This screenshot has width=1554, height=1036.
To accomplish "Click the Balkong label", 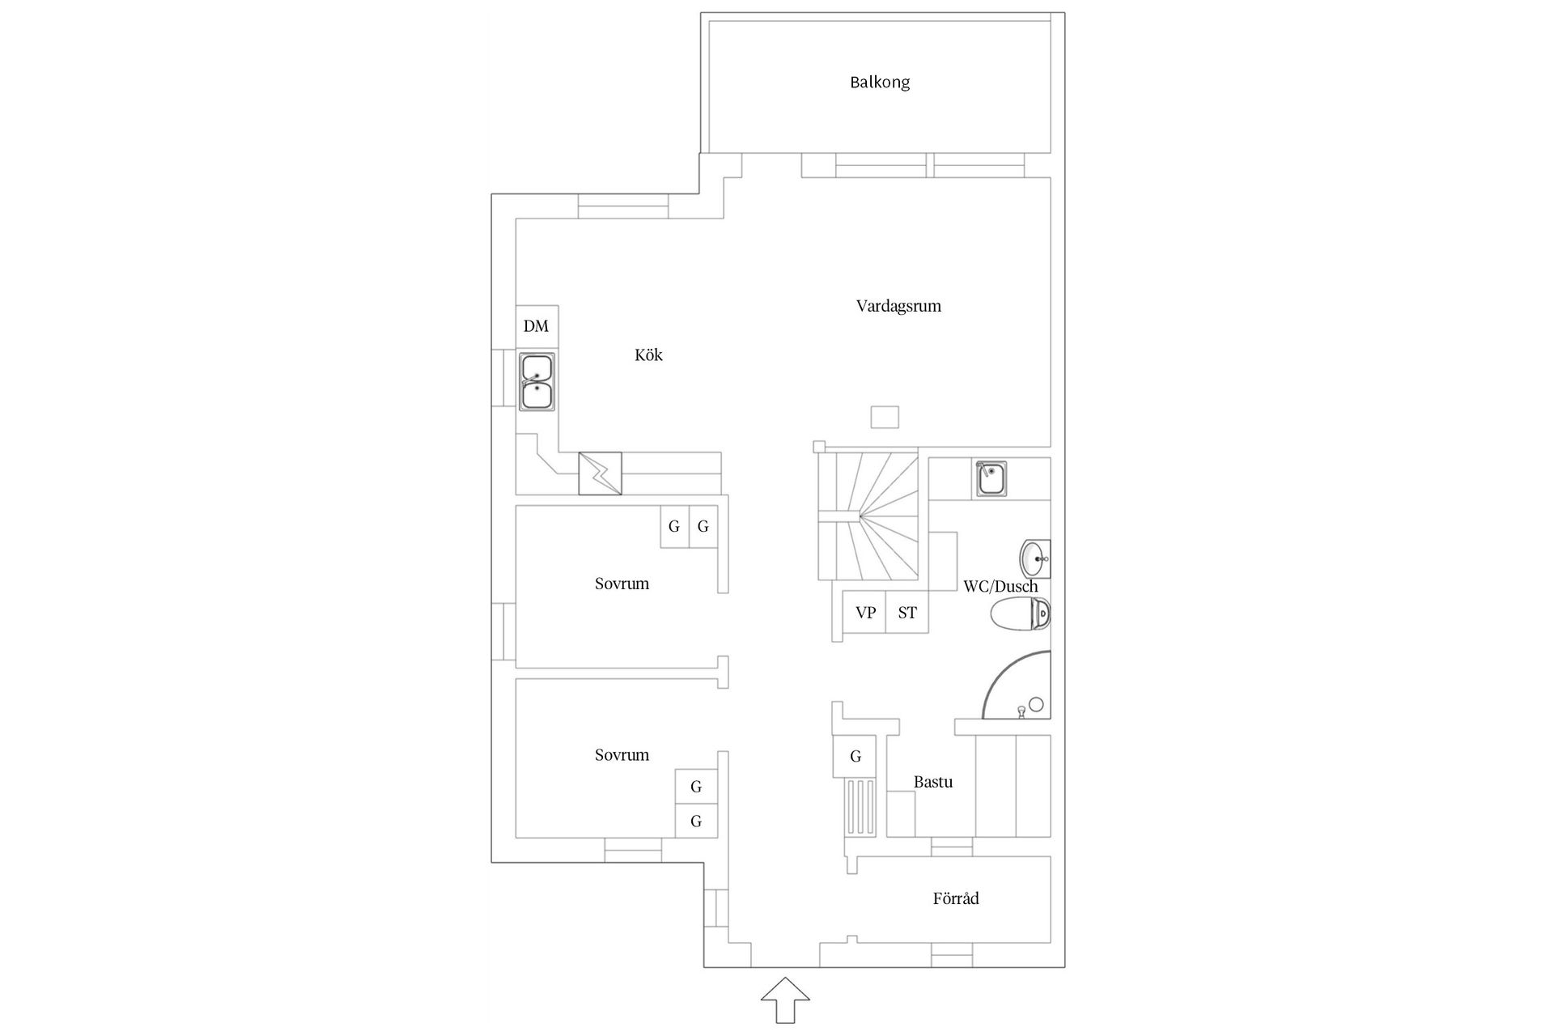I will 880,83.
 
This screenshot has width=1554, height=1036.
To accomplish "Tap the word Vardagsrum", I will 898,306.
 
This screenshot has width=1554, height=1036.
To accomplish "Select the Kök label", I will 648,355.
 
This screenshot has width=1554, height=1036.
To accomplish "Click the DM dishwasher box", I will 537,326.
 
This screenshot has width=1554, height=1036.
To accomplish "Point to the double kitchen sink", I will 537,381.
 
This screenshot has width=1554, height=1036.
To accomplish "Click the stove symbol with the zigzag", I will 600,473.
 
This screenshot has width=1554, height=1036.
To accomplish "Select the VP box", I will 865,613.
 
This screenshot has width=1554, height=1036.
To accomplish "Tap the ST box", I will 907,613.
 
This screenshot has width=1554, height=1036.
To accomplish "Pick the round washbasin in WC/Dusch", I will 1034,558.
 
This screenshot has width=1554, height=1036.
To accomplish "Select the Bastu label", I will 932,782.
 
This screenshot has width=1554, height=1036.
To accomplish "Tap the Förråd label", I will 956,898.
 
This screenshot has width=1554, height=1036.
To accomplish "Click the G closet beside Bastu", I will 855,757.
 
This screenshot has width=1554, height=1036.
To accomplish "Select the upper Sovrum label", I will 622,584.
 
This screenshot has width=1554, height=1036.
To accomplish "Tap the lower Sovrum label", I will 622,755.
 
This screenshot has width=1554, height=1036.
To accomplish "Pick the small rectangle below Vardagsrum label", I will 885,417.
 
